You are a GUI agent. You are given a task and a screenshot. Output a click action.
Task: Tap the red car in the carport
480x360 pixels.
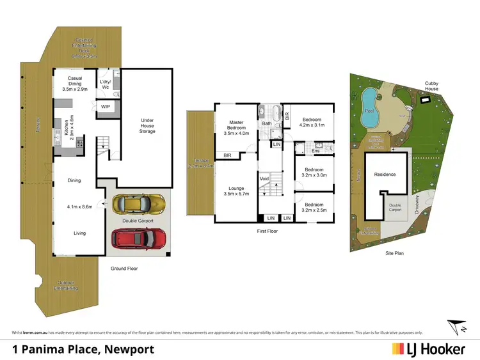[x=140, y=239]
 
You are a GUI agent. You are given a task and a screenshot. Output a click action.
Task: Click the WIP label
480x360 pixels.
[x=106, y=107]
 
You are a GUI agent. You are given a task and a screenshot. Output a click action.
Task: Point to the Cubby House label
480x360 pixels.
[x=432, y=86]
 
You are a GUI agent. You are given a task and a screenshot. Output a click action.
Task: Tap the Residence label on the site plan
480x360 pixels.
[x=385, y=175]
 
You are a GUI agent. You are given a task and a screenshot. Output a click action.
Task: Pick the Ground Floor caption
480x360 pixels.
[x=124, y=269]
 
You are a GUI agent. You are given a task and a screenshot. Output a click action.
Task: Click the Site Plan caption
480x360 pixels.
[x=394, y=253]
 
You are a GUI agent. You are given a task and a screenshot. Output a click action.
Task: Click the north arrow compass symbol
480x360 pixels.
[x=456, y=325]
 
